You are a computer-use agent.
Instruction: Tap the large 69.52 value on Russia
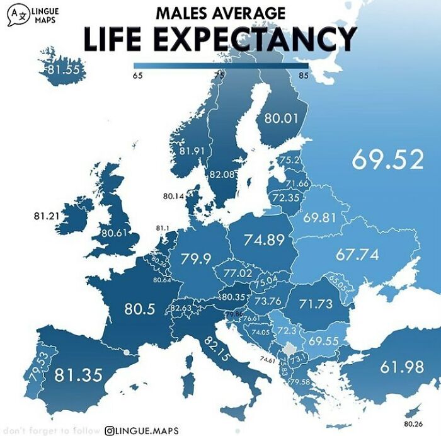pyautogui.click(x=387, y=159)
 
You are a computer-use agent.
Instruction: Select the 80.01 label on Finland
pyautogui.click(x=279, y=118)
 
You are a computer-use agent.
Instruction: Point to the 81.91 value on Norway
pyautogui.click(x=192, y=151)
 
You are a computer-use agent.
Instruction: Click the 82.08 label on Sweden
pyautogui.click(x=221, y=173)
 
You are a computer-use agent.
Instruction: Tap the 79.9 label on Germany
pyautogui.click(x=195, y=258)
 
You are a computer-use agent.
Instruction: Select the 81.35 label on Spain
pyautogui.click(x=78, y=376)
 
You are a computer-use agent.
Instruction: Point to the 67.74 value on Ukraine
pyautogui.click(x=357, y=255)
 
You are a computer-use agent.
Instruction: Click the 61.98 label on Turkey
pyautogui.click(x=402, y=367)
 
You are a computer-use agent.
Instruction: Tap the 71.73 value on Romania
pyautogui.click(x=316, y=304)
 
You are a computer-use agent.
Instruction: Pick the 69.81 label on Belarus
pyautogui.click(x=320, y=218)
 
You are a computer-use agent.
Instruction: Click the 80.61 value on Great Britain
pyautogui.click(x=115, y=232)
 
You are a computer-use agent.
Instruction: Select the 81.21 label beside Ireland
pyautogui.click(x=46, y=216)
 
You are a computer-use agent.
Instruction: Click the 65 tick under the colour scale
pyautogui.click(x=137, y=76)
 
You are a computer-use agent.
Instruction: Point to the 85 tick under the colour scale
pyautogui.click(x=304, y=76)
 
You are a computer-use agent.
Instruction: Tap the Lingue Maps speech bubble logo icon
pyautogui.click(x=19, y=14)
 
